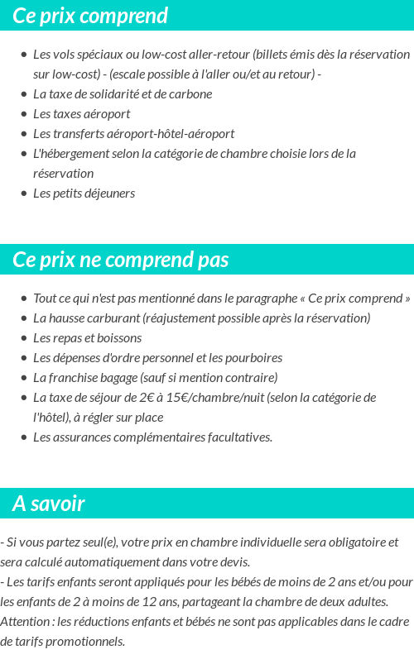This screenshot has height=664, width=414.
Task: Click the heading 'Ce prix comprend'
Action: pos(90,16)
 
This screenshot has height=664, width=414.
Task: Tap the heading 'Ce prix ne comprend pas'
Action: pos(120,260)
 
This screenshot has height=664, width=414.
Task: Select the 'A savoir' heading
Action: pos(49,504)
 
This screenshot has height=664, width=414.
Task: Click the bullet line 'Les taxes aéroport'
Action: pos(81,113)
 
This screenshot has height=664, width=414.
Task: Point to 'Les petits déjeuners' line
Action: pos(84,193)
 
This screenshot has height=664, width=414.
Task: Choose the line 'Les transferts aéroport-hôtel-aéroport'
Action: pos(133,133)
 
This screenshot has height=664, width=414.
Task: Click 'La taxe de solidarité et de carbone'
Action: pos(123,93)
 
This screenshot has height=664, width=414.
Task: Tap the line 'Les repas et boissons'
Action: pos(87,337)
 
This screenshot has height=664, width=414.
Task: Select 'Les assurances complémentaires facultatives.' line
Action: pos(152,437)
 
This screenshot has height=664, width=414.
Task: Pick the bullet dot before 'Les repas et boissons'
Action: pos(23,338)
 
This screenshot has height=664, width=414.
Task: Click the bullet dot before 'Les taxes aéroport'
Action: pos(23,114)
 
